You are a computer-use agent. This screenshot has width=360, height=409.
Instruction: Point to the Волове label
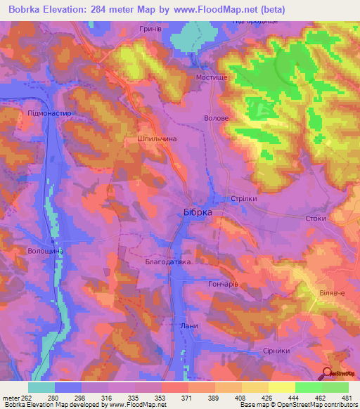point(217,119)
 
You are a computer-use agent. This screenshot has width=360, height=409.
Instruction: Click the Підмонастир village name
point(50,112)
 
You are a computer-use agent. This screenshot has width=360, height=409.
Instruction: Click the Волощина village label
point(46,251)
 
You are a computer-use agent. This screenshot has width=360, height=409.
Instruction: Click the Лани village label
point(188,326)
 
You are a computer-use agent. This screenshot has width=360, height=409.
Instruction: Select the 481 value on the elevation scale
point(346,397)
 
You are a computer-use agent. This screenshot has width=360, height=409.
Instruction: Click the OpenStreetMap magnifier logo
point(327,374)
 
